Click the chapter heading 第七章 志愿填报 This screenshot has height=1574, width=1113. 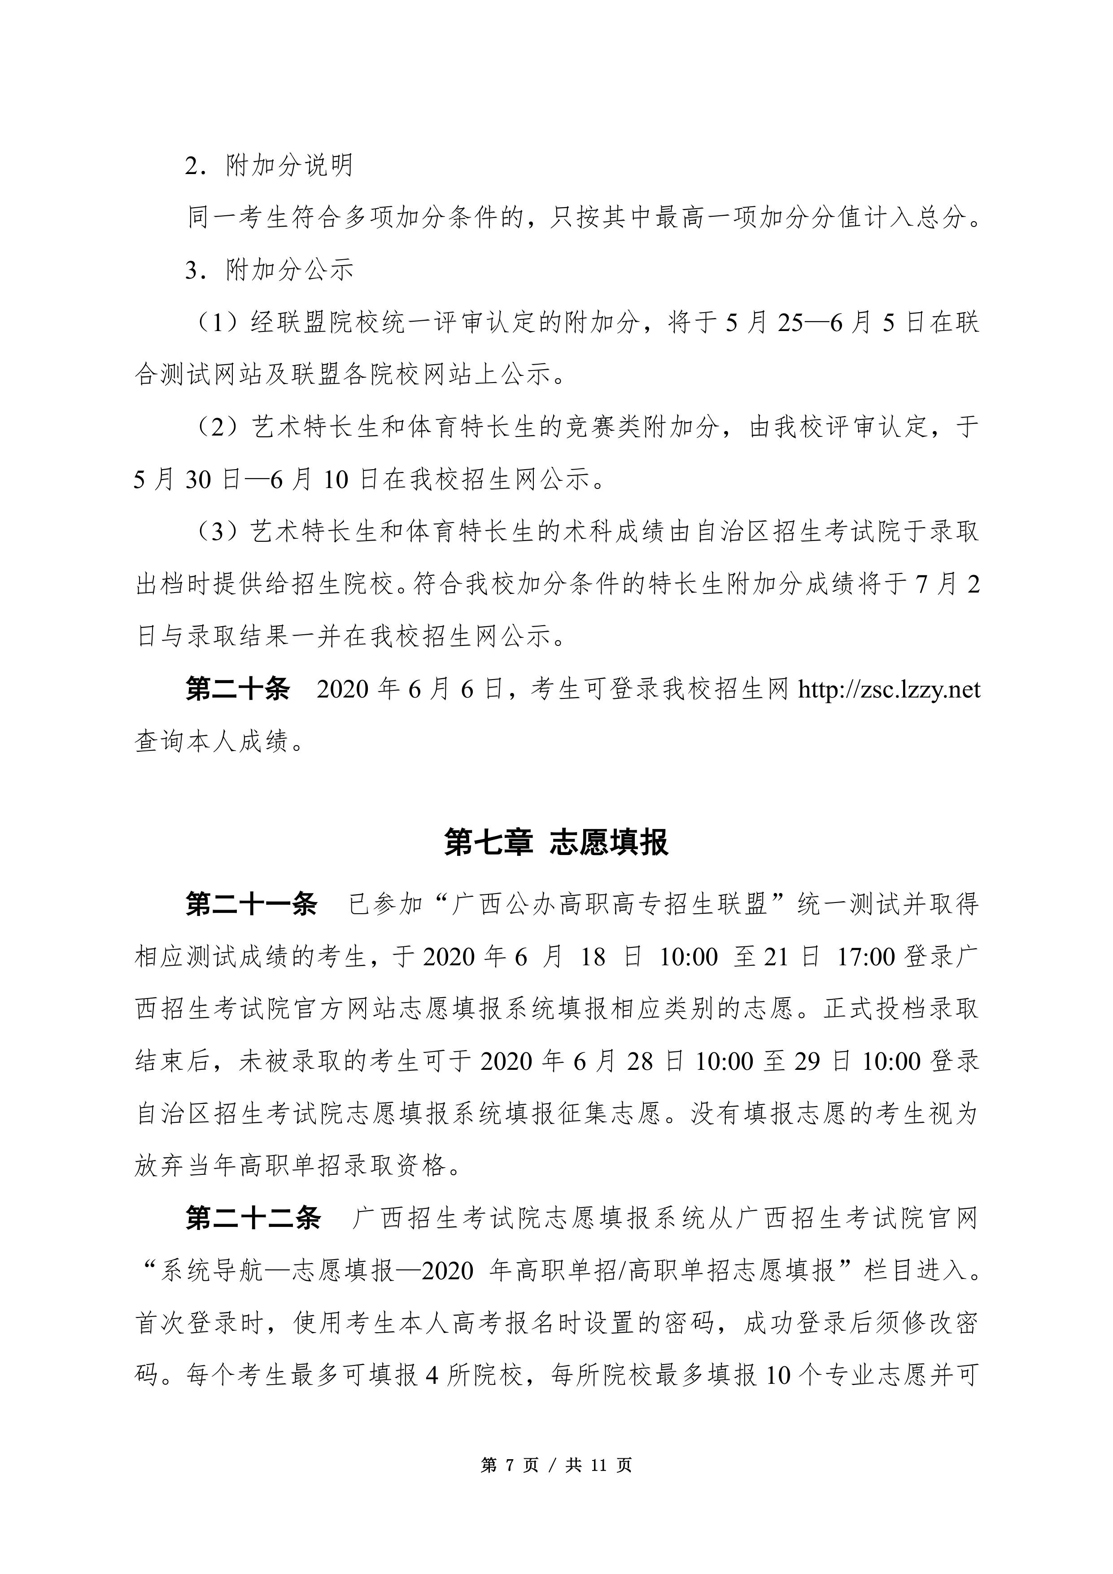coord(556,842)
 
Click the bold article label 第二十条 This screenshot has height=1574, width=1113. coord(237,689)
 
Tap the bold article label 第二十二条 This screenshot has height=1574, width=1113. coord(253,1218)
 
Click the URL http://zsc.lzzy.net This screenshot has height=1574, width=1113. coord(889,689)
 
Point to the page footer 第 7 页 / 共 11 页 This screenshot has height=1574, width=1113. coord(556,1465)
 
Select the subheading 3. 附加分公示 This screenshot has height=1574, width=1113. coord(269,270)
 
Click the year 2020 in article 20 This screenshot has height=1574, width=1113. coord(343,689)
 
